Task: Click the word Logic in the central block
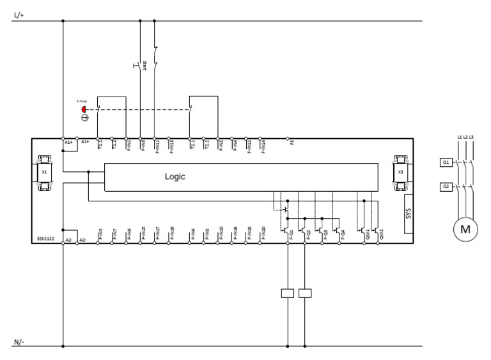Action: pyautogui.click(x=175, y=177)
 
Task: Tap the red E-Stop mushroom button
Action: pyautogui.click(x=84, y=109)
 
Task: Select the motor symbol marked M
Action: pyautogui.click(x=465, y=228)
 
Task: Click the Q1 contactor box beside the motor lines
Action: pyautogui.click(x=446, y=162)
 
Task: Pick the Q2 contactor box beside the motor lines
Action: pyautogui.click(x=446, y=187)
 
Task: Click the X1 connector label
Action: pyautogui.click(x=44, y=173)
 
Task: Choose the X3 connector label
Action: pyautogui.click(x=400, y=173)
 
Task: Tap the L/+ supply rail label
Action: pyautogui.click(x=19, y=14)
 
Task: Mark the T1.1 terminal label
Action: pyautogui.click(x=100, y=145)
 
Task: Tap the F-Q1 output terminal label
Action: pyautogui.click(x=291, y=235)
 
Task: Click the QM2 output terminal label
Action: pyautogui.click(x=381, y=235)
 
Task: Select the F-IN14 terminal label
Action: pyautogui.click(x=263, y=146)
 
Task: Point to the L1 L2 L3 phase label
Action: pyautogui.click(x=465, y=137)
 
